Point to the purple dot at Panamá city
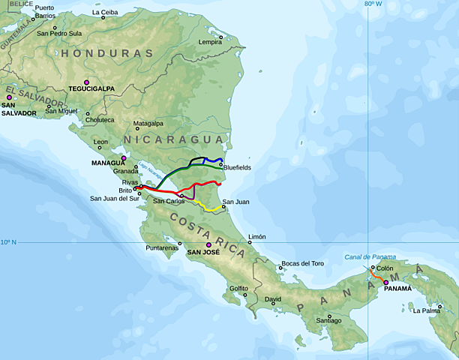(x=386, y=283)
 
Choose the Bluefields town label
(x=236, y=167)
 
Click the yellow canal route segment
(x=206, y=205)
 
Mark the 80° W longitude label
(x=373, y=4)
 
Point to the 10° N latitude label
(x=8, y=241)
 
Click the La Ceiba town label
(x=104, y=13)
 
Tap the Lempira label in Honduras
(x=210, y=42)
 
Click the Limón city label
(x=256, y=236)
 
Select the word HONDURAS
(x=107, y=54)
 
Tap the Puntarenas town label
(x=163, y=247)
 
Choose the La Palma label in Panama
(x=427, y=310)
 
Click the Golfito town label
(x=238, y=288)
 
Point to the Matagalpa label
(x=148, y=123)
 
